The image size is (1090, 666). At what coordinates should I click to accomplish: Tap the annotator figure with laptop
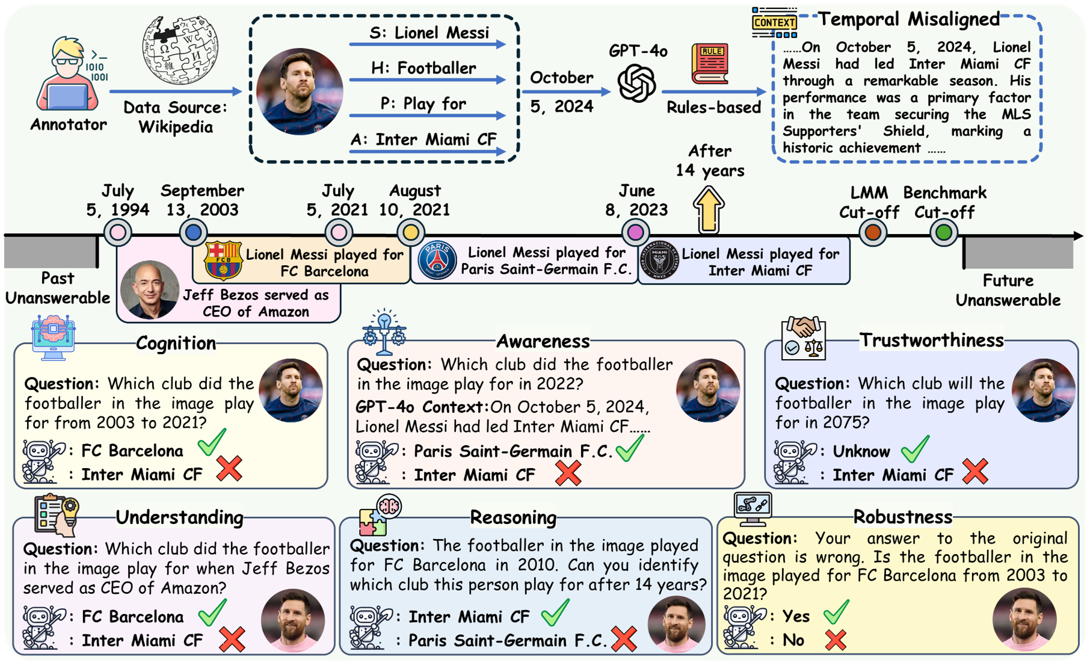pos(68,75)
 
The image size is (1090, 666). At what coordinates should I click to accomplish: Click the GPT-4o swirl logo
pos(636,83)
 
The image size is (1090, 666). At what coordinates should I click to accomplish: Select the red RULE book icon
pos(710,63)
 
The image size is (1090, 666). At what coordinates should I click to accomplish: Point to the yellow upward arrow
pos(709,209)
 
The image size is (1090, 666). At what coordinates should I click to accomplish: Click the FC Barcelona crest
pos(223,261)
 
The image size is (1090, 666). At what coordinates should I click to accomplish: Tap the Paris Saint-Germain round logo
pos(437,261)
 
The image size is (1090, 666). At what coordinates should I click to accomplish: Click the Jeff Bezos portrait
pos(149,290)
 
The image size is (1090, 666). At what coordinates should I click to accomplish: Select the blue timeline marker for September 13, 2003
pos(193,232)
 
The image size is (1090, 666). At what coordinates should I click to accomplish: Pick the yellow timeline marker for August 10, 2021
pos(411,232)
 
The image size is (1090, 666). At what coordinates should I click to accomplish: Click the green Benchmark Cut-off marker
pos(943,232)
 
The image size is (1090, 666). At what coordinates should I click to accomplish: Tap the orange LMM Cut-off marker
pos(872,232)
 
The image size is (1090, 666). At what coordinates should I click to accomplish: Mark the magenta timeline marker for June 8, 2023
pos(635,232)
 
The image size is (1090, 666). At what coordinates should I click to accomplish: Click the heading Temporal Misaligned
pos(908,19)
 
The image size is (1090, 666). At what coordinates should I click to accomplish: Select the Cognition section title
pos(176,343)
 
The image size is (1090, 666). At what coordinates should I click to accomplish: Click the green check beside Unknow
pos(915,449)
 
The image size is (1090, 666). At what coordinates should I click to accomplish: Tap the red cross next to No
pos(836,640)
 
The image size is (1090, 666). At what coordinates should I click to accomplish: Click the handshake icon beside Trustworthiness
pos(803,338)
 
